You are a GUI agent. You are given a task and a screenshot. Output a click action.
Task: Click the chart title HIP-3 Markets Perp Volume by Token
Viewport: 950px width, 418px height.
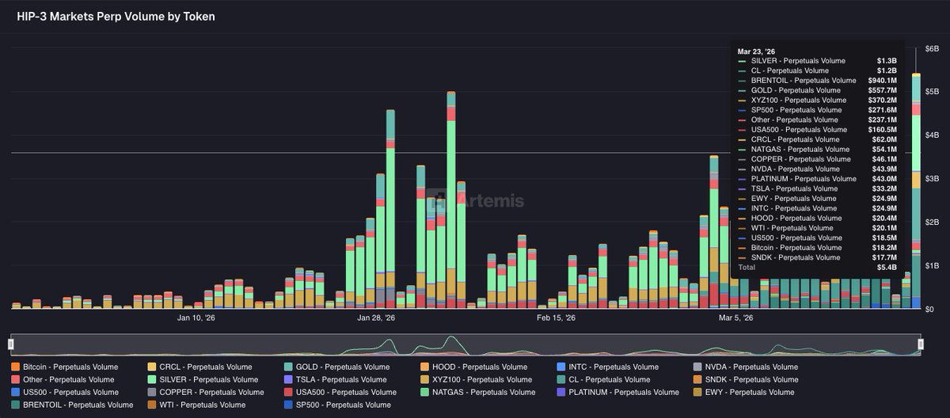click(116, 16)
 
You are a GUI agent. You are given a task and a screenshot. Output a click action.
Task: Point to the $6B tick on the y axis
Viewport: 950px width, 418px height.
click(932, 49)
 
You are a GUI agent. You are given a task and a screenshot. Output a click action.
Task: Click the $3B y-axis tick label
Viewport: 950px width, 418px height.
click(932, 179)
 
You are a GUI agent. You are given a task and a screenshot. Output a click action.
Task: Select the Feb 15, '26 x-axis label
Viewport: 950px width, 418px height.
click(555, 318)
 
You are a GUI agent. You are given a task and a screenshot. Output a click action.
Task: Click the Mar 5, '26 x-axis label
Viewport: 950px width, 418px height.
click(735, 318)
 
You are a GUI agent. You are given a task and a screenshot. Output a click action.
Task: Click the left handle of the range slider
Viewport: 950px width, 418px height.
click(11, 344)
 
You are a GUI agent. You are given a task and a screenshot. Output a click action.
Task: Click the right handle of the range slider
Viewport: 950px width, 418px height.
click(920, 344)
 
